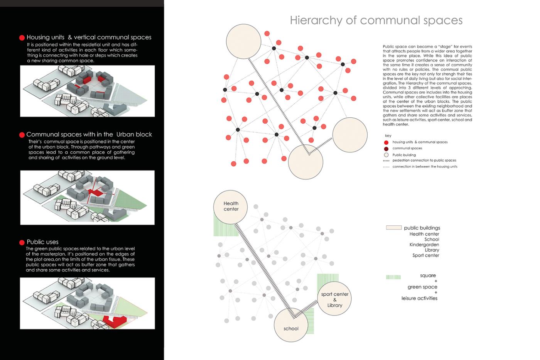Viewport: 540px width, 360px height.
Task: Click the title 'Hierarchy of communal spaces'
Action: click(x=376, y=20)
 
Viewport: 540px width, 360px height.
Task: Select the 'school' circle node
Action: click(x=291, y=325)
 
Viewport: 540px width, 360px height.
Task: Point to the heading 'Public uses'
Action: click(x=42, y=242)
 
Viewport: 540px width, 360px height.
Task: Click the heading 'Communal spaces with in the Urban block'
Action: click(x=89, y=134)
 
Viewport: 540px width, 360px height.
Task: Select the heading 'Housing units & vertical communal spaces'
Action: click(x=89, y=37)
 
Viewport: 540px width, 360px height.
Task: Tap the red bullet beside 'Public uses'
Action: click(x=22, y=242)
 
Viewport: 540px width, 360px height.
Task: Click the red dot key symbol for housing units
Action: click(x=386, y=142)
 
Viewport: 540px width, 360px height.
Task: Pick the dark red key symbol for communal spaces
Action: click(x=386, y=149)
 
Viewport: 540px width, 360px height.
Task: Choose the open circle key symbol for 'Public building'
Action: click(x=386, y=155)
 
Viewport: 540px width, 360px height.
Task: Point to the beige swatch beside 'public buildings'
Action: click(x=394, y=228)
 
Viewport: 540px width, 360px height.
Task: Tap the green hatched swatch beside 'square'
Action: click(x=393, y=277)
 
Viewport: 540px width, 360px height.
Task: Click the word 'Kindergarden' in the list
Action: click(x=424, y=245)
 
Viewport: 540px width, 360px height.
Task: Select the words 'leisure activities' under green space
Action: click(x=419, y=298)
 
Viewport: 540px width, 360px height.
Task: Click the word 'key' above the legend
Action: click(x=388, y=136)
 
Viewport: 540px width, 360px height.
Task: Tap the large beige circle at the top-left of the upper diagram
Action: click(x=244, y=42)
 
